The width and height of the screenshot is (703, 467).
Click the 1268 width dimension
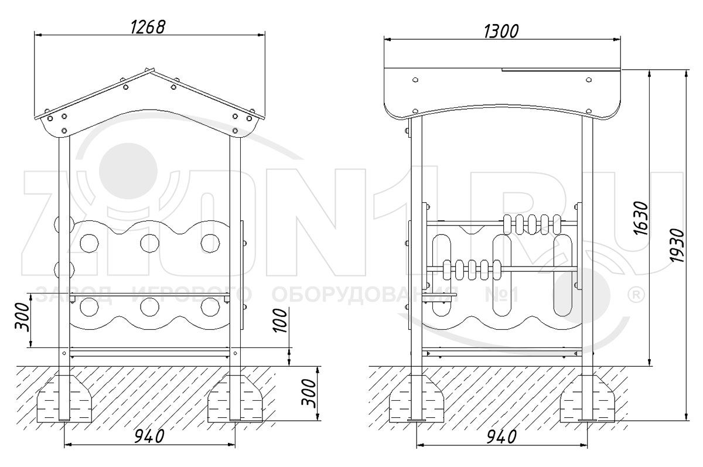[x=148, y=28]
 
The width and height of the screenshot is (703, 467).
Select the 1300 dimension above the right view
[x=501, y=32]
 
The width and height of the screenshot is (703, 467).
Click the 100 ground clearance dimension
[x=280, y=320]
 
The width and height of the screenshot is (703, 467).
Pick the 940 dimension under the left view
[x=149, y=437]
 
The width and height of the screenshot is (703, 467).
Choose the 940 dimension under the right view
[x=501, y=437]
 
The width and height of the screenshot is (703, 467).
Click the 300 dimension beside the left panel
[x=22, y=317]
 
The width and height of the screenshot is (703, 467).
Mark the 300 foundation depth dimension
[x=308, y=393]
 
